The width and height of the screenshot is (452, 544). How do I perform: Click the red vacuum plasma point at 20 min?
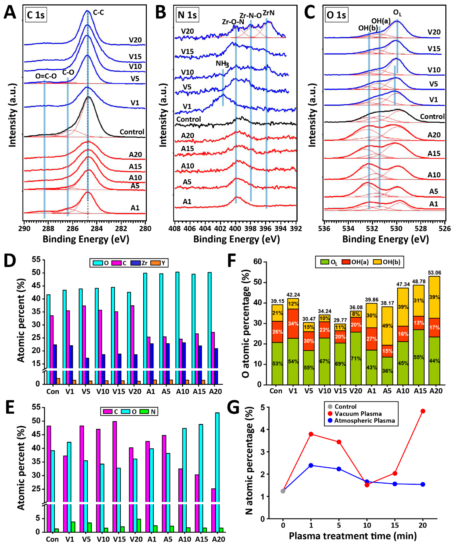tap(423, 411)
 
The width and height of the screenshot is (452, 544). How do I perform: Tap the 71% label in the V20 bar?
tap(356, 359)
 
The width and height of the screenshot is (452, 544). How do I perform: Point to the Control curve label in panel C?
tap(432, 117)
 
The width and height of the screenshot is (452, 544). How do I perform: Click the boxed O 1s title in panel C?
tap(336, 15)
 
